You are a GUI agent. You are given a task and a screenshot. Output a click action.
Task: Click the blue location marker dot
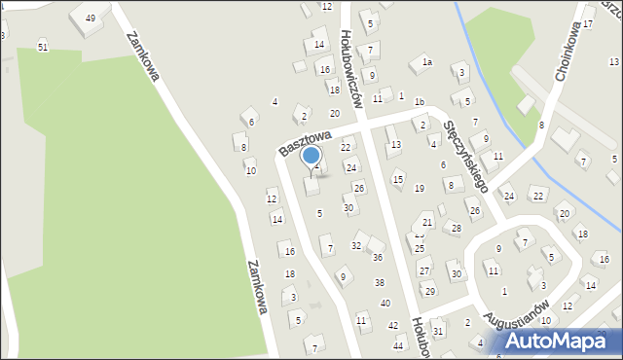click(311, 156)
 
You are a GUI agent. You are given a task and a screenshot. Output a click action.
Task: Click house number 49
click(91, 18)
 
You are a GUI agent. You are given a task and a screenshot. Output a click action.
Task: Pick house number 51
click(42, 47)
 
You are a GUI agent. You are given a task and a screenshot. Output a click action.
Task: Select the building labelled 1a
click(426, 63)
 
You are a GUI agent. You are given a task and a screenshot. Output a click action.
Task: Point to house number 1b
click(419, 101)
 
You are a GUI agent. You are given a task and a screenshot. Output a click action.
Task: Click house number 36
click(378, 257)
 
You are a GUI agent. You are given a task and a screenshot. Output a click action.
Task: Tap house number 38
click(380, 282)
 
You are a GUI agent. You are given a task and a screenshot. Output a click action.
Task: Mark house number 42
click(393, 325)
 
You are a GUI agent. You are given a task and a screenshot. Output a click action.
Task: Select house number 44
click(398, 345)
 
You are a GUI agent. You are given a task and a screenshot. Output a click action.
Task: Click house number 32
click(356, 245)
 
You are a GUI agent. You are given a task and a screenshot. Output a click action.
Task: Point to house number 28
click(456, 228)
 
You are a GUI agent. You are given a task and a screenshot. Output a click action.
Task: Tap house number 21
click(427, 223)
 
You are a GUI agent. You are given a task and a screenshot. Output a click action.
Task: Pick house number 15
click(397, 179)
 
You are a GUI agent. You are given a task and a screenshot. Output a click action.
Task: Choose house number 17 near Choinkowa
click(588, 22)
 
